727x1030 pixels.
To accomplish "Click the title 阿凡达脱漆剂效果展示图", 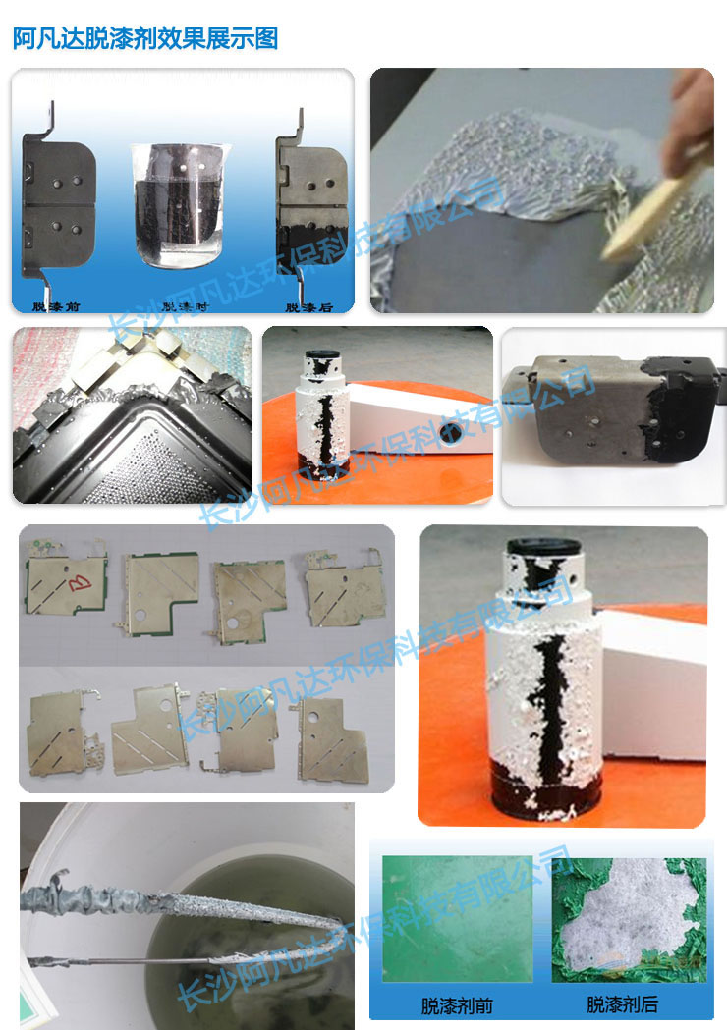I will pos(145,38).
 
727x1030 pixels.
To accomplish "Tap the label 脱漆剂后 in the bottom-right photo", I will pos(622,1004).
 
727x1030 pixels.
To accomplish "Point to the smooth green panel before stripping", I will pos(457,919).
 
